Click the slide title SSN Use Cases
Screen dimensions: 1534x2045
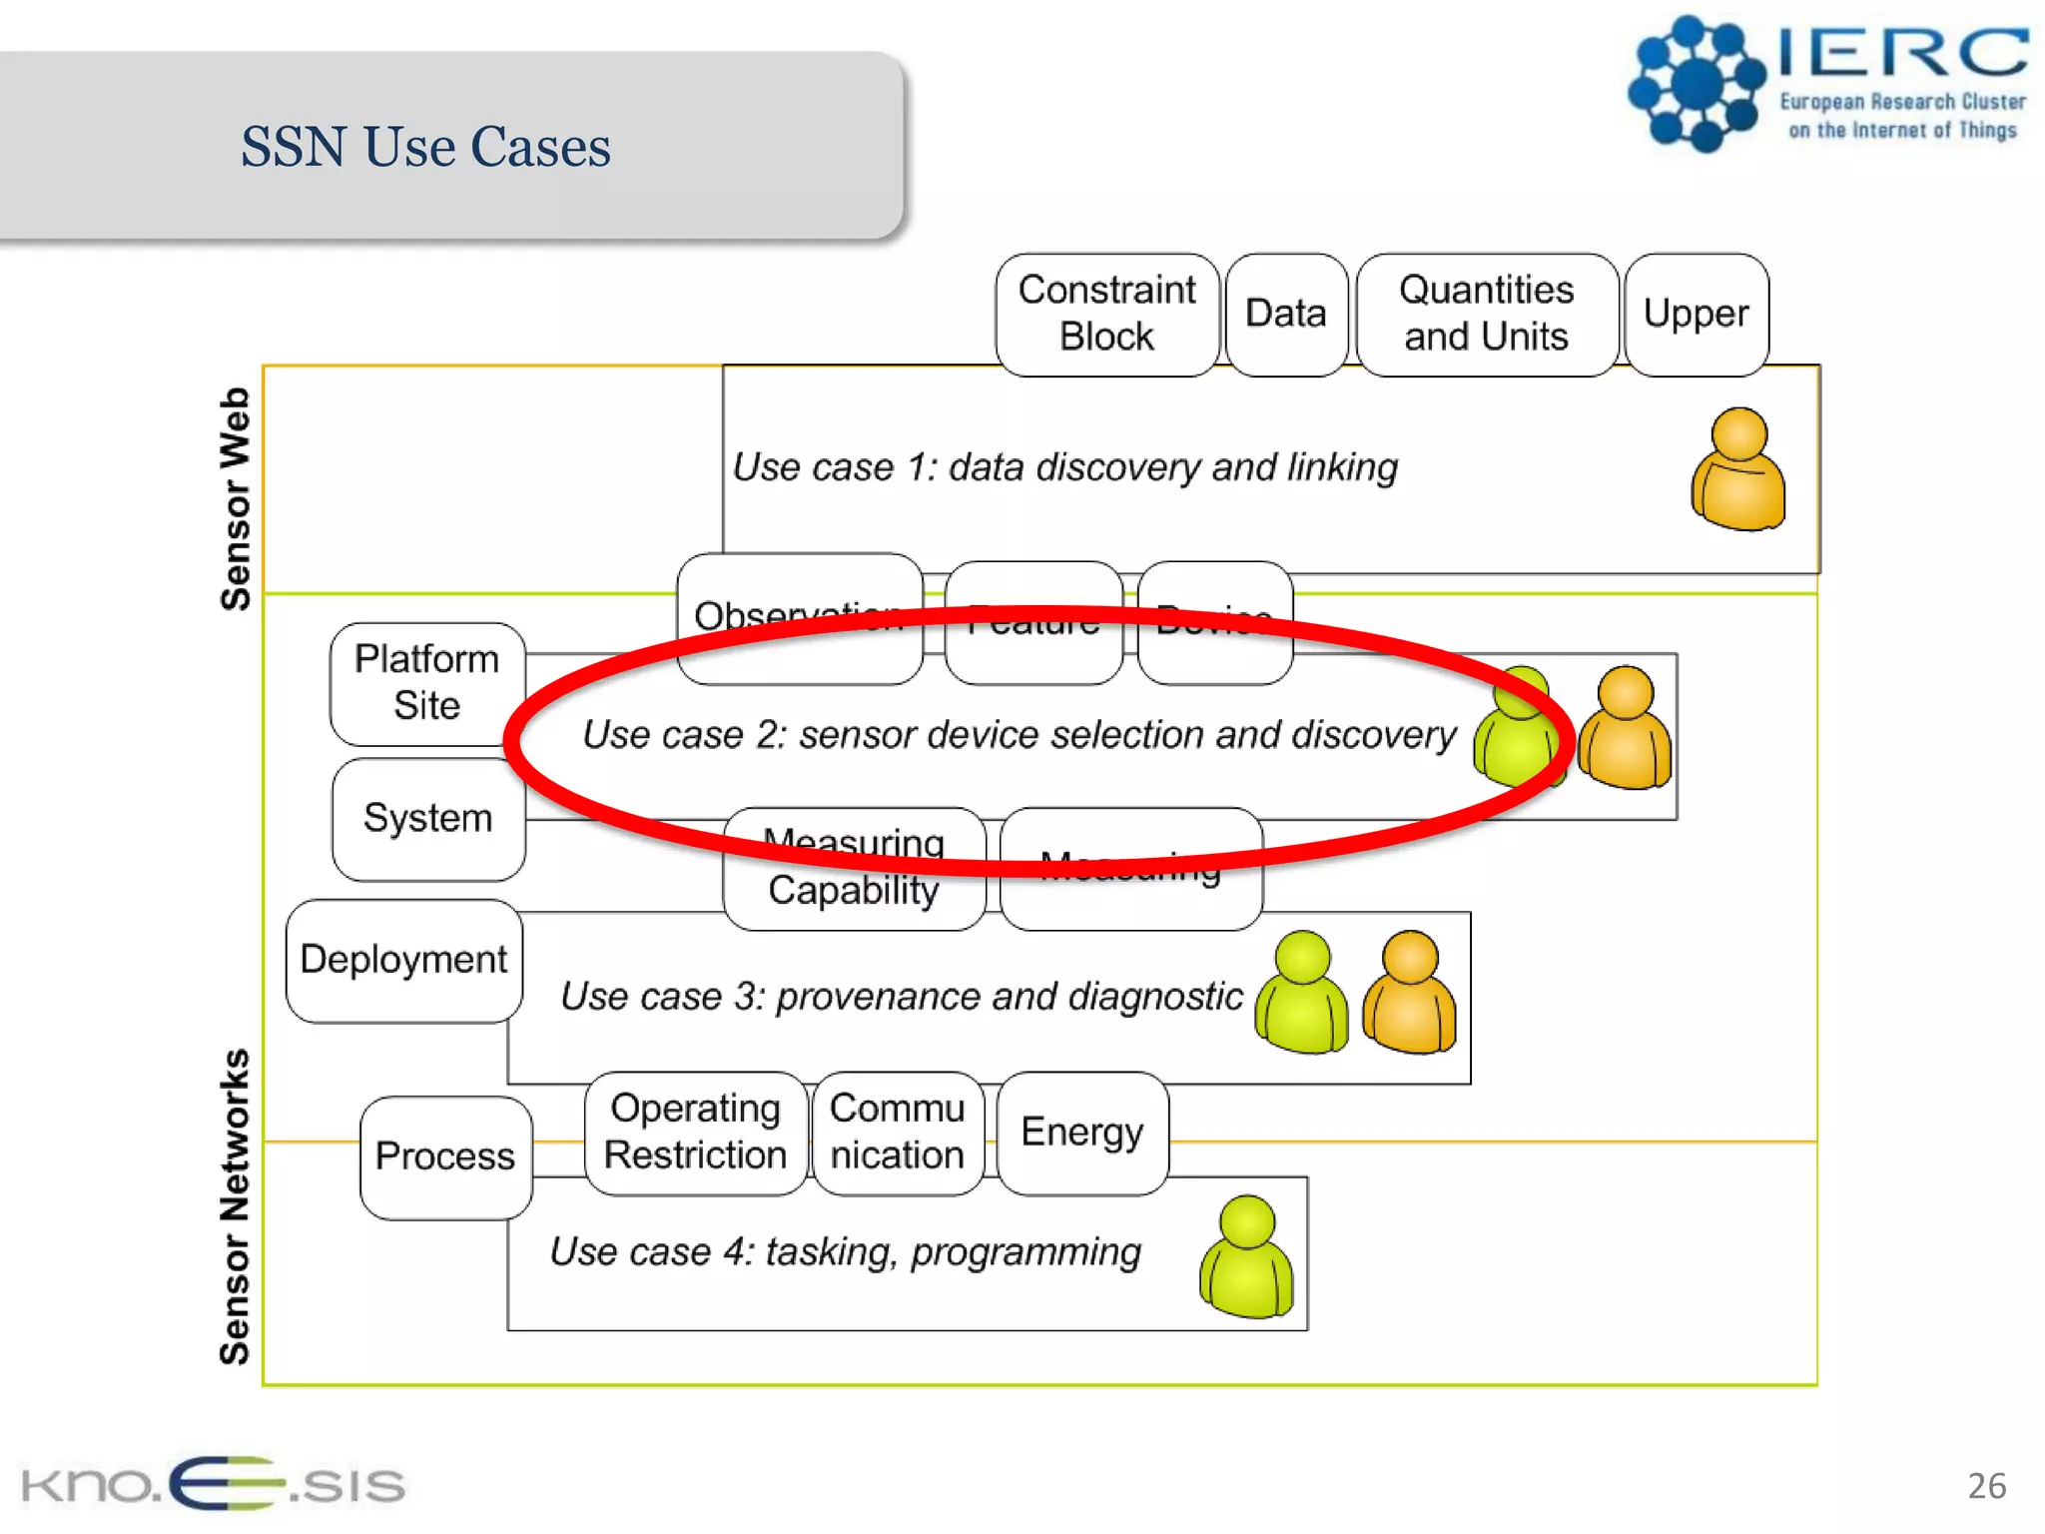pyautogui.click(x=425, y=147)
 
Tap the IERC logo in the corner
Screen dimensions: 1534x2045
pyautogui.click(x=1827, y=85)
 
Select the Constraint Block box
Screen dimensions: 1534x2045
pyautogui.click(x=1106, y=314)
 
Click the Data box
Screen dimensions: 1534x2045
pyautogui.click(x=1286, y=314)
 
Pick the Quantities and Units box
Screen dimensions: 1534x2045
pyautogui.click(x=1486, y=314)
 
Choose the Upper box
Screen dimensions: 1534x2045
pyautogui.click(x=1696, y=314)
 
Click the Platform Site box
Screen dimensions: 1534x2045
pyautogui.click(x=427, y=683)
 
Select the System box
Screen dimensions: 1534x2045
pyautogui.click(x=427, y=819)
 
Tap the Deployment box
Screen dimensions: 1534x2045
pyautogui.click(x=403, y=960)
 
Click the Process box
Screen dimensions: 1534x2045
pyautogui.click(x=445, y=1156)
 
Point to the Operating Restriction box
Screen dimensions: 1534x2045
pyautogui.click(x=695, y=1133)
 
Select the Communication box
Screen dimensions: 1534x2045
pyautogui.click(x=897, y=1133)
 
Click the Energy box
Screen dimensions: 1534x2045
pyautogui.click(x=1081, y=1133)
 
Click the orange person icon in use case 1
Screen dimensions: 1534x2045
pyautogui.click(x=1738, y=469)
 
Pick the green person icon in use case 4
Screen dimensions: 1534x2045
pyautogui.click(x=1246, y=1257)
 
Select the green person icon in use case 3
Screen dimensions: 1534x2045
pyautogui.click(x=1301, y=993)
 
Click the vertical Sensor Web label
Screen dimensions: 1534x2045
pyautogui.click(x=236, y=498)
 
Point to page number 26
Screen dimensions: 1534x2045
pyautogui.click(x=1986, y=1486)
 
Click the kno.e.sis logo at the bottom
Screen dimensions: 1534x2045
pyautogui.click(x=213, y=1484)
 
